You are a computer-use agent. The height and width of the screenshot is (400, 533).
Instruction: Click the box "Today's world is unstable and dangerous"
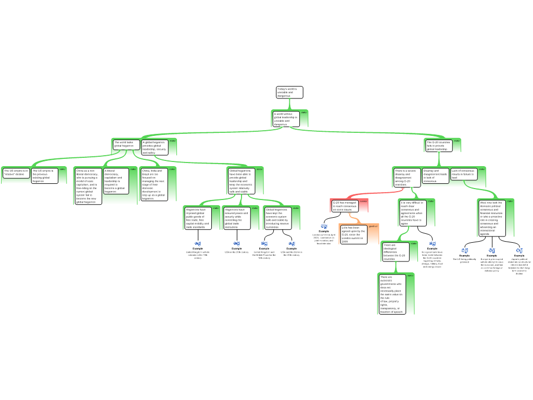(x=289, y=92)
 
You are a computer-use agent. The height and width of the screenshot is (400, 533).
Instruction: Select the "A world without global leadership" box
(x=286, y=119)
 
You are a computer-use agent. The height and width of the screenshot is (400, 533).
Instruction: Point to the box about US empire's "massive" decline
(x=16, y=173)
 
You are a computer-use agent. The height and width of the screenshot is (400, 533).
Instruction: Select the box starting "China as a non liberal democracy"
(x=87, y=186)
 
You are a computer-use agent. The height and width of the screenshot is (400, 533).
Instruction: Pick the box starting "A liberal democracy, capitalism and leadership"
(x=116, y=181)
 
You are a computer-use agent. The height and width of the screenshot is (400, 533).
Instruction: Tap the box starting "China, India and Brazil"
(x=154, y=184)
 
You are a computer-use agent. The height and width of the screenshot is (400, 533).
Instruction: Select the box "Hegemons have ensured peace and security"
(x=237, y=218)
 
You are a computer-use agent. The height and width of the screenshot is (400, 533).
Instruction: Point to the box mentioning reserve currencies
(x=276, y=218)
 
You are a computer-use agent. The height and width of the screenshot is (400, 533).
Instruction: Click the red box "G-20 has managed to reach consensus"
(x=345, y=206)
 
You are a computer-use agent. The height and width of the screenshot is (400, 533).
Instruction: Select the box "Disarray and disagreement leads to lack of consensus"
(x=435, y=176)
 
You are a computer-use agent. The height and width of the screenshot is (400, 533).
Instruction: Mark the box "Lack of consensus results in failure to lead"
(x=463, y=174)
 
